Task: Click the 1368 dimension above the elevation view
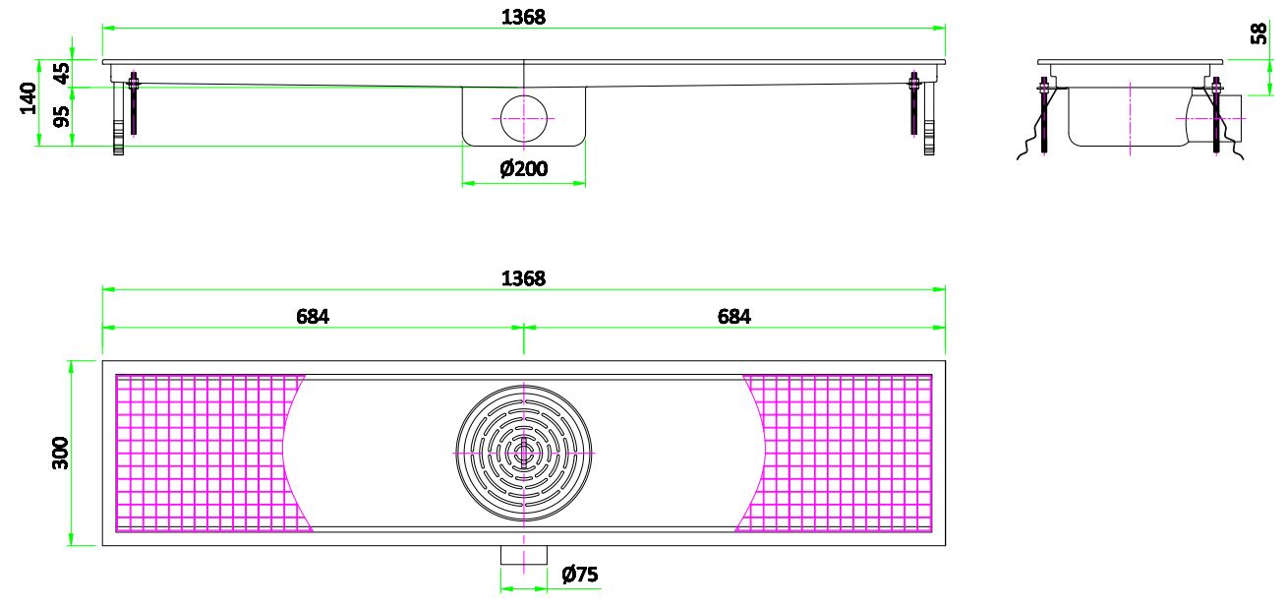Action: pyautogui.click(x=523, y=16)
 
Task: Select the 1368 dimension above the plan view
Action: pyautogui.click(x=523, y=278)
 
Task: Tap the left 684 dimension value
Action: pyautogui.click(x=313, y=316)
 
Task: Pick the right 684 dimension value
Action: pyautogui.click(x=733, y=316)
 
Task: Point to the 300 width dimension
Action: pyautogui.click(x=60, y=453)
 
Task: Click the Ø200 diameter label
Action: pyautogui.click(x=523, y=169)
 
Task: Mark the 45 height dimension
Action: pyautogui.click(x=62, y=74)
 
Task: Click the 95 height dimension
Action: pyautogui.click(x=62, y=116)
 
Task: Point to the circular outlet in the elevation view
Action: pyautogui.click(x=524, y=118)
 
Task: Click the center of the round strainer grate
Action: pyautogui.click(x=523, y=453)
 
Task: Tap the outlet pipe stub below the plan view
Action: pyautogui.click(x=523, y=556)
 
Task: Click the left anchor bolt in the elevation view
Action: pyautogui.click(x=134, y=103)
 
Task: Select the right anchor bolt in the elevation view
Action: pyautogui.click(x=913, y=103)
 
